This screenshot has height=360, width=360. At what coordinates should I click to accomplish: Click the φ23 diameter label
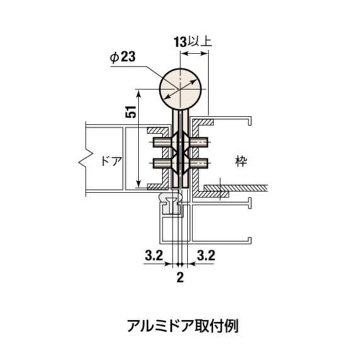[x=123, y=57]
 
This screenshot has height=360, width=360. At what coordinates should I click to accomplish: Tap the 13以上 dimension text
[x=193, y=42]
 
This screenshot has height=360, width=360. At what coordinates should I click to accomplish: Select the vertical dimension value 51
[x=131, y=112]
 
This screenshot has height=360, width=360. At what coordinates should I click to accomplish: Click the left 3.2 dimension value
[x=154, y=256]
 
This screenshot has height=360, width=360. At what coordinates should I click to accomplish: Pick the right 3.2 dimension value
[x=206, y=256]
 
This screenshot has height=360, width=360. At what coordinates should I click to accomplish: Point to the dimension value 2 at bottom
[x=180, y=278]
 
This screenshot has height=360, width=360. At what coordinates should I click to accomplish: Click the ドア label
[x=111, y=161]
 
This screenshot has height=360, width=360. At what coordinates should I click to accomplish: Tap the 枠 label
[x=241, y=161]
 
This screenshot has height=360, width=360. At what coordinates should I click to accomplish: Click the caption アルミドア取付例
[x=183, y=325]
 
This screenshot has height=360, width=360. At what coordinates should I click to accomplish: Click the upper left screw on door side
[x=162, y=142]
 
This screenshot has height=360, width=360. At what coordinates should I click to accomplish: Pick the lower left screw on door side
[x=162, y=163]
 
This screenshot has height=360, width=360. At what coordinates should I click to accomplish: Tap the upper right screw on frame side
[x=199, y=142]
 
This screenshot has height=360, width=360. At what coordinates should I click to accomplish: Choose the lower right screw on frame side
[x=199, y=163]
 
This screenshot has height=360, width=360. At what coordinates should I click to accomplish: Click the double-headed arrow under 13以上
[x=194, y=53]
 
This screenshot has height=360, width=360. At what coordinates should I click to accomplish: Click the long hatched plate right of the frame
[x=236, y=188]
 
